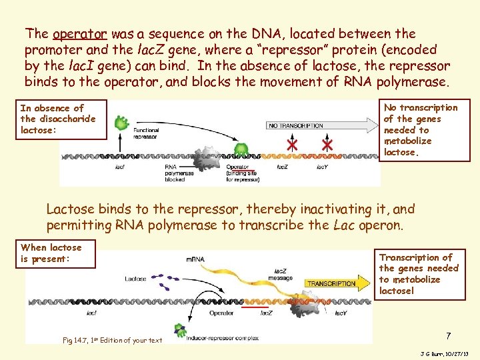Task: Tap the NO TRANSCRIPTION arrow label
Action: pyautogui.click(x=295, y=125)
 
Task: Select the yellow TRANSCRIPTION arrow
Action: pyautogui.click(x=332, y=283)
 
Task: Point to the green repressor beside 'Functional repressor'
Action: pyautogui.click(x=121, y=123)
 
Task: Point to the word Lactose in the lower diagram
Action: pyautogui.click(x=135, y=279)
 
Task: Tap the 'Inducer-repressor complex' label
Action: pyautogui.click(x=216, y=339)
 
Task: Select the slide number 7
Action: pyautogui.click(x=449, y=335)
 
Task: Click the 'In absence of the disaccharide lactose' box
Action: pyautogui.click(x=63, y=119)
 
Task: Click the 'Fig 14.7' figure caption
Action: pyautogui.click(x=112, y=340)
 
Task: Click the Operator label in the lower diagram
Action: pyautogui.click(x=221, y=312)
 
